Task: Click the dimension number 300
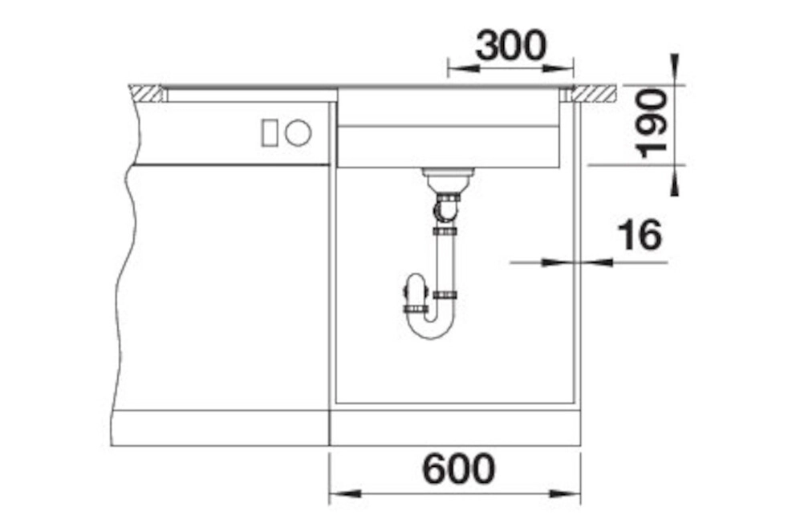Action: click(511, 47)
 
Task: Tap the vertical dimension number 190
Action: click(652, 124)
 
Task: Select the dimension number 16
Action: click(640, 234)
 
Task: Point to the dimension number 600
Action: click(458, 468)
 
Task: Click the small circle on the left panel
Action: click(298, 133)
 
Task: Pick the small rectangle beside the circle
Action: click(270, 133)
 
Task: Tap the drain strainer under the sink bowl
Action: click(449, 178)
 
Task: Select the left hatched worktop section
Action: click(147, 93)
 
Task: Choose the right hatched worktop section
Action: click(595, 93)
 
